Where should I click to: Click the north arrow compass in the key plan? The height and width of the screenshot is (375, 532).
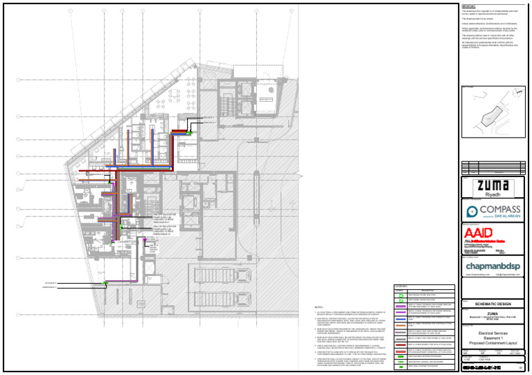coord(518,91)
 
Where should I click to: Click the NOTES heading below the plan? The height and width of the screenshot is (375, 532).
coord(319,305)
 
